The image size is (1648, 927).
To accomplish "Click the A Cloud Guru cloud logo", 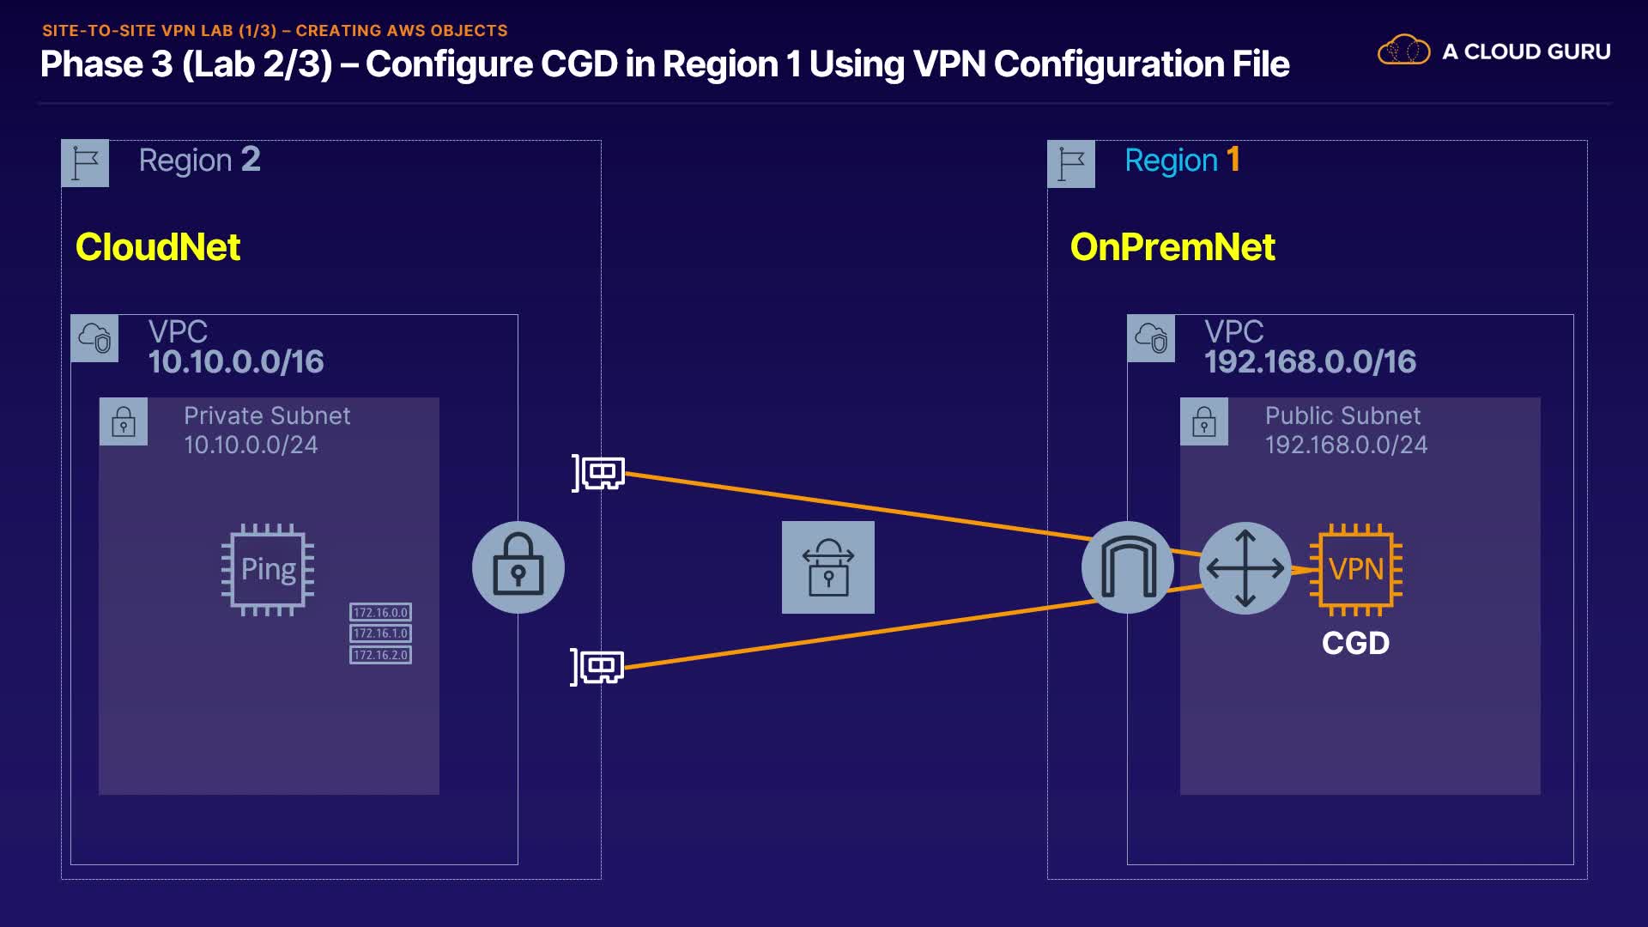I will pos(1403,51).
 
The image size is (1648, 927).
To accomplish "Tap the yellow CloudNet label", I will pos(158,247).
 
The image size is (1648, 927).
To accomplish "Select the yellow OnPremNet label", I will pos(1172,247).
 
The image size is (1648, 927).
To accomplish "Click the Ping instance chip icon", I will pos(268,569).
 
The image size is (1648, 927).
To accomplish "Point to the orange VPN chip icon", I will pos(1355,569).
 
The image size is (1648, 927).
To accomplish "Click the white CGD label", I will pos(1355,643).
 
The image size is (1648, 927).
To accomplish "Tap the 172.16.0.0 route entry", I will pos(380,612).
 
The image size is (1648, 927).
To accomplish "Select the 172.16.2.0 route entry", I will pos(380,655).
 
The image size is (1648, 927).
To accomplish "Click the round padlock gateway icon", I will pos(518,567).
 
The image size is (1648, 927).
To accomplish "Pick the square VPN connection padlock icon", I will pos(827,567).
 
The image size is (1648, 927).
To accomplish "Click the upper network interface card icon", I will pos(599,473).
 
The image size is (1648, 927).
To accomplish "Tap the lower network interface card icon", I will pos(598,667).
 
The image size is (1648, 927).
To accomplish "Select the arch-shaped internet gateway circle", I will pos(1128,567).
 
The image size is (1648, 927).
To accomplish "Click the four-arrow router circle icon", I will pos(1245,567).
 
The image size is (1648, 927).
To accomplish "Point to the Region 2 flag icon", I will pos(85,163).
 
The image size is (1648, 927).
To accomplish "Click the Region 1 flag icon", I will pos(1071,163).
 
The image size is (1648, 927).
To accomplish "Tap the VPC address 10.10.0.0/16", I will pos(236,362).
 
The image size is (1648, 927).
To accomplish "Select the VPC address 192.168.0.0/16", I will pos(1310,362).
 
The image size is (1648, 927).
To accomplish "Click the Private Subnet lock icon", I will pos(124,421).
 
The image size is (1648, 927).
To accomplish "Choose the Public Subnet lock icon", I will pos(1204,421).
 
